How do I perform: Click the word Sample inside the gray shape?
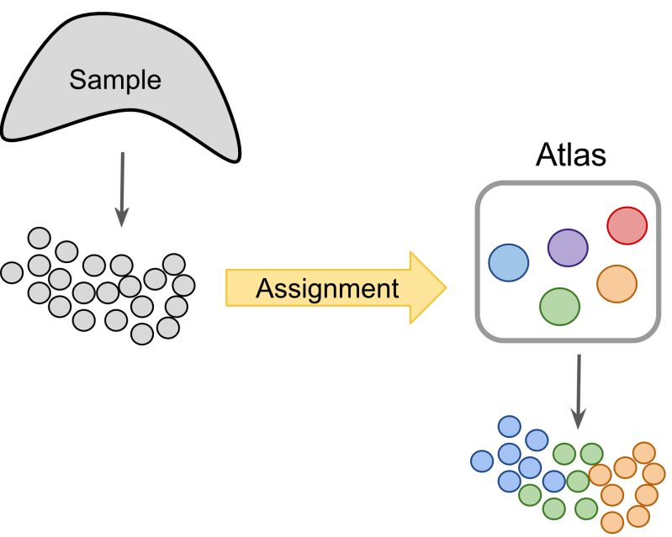115,80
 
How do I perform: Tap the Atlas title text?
571,154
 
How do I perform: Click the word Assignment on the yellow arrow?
327,288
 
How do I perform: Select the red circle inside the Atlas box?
627,226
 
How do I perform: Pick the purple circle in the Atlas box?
568,248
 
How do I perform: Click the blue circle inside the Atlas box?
509,263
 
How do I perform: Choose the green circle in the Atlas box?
559,307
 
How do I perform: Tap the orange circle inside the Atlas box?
616,284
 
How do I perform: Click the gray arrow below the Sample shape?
122,189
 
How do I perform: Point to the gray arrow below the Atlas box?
579,392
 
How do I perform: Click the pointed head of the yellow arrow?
446,287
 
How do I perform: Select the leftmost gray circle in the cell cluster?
12,272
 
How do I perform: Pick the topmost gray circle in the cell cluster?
39,238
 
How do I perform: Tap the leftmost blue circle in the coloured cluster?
482,461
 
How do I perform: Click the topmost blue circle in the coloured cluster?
510,427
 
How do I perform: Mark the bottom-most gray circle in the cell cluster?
142,334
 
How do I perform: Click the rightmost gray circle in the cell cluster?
184,286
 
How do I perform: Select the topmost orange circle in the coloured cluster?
644,453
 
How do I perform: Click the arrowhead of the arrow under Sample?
122,218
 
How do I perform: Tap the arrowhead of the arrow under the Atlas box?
579,419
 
